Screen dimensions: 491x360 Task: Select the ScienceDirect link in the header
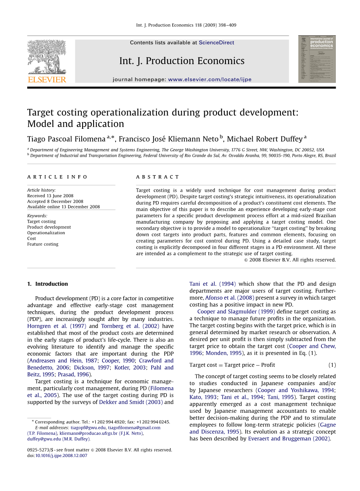tap(216, 43)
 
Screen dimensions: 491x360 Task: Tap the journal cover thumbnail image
tap(317, 59)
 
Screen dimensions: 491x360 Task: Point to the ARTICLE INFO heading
tap(57, 177)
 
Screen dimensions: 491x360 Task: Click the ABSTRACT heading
tap(157, 177)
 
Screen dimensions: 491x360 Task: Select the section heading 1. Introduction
tap(47, 284)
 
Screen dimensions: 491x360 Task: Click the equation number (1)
tap(332, 365)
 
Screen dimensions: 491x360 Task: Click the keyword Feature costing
tap(43, 244)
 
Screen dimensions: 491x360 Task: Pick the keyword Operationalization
tap(46, 233)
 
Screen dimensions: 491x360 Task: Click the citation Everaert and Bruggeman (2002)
tap(289, 439)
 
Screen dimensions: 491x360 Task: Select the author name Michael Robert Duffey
tap(264, 139)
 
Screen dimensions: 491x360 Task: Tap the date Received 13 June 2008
tap(50, 196)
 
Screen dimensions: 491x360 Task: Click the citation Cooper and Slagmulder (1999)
tap(236, 312)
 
